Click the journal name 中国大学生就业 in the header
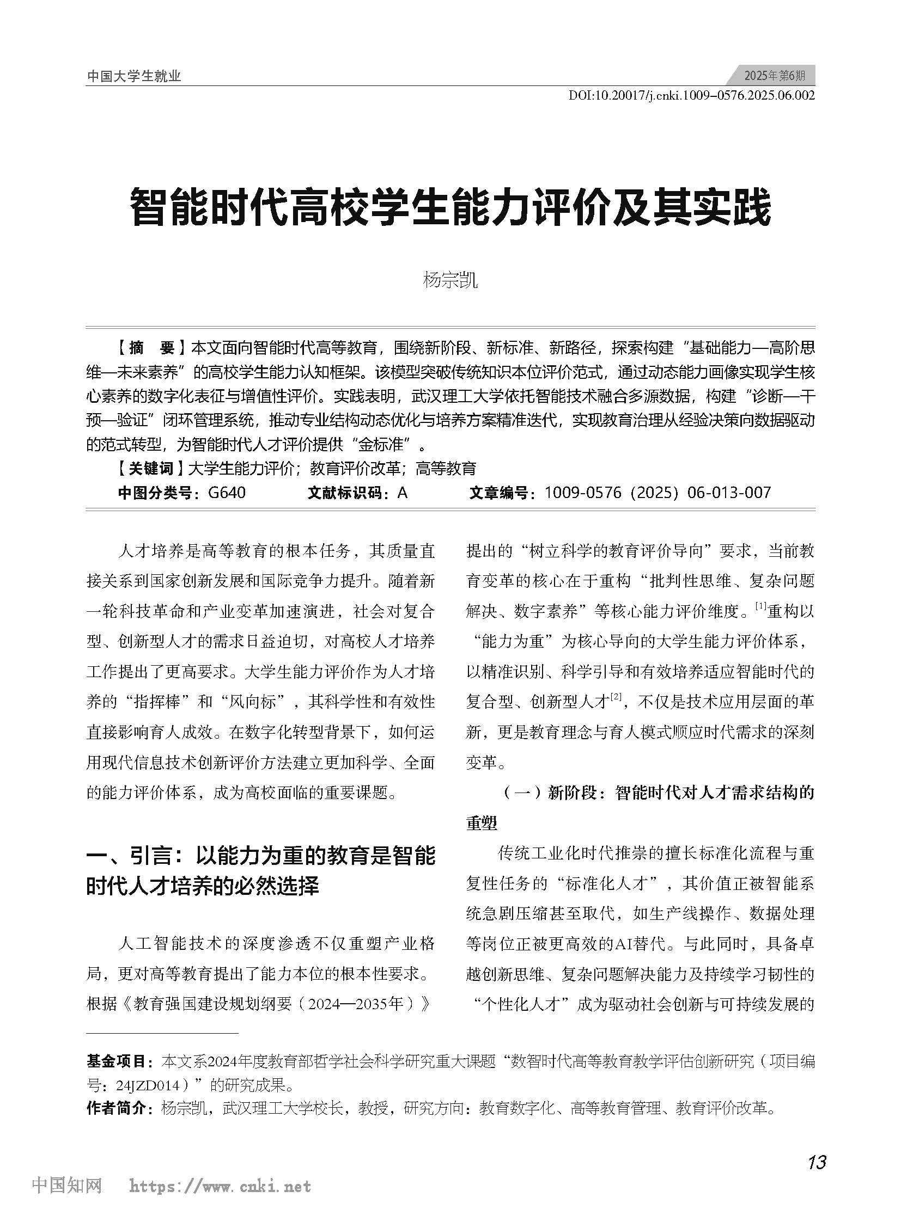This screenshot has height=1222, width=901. coord(133,76)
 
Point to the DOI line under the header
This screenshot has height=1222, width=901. coord(691,96)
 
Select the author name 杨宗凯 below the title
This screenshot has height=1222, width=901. coord(450,280)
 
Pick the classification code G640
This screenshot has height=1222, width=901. coord(227,493)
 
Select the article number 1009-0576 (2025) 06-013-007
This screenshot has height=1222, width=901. coord(658,493)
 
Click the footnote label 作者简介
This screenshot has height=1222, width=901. coord(117,1108)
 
